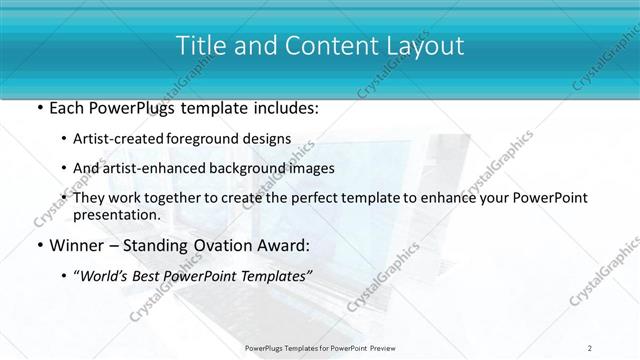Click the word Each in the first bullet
pos(64,108)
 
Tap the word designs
pos(270,139)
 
